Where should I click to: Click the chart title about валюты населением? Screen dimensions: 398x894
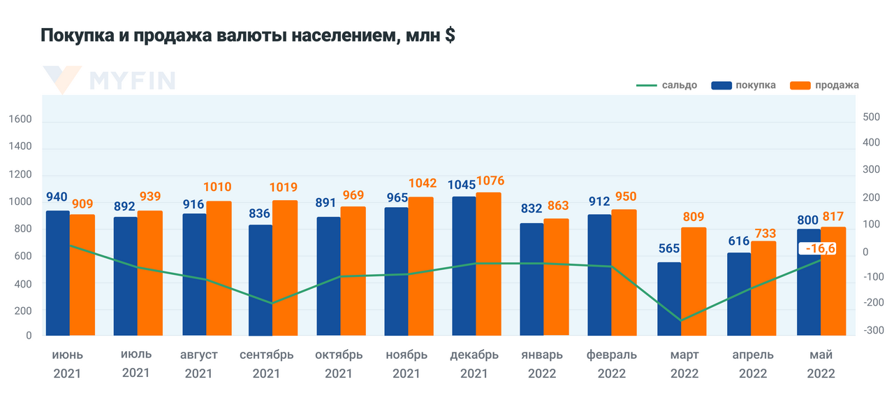[248, 36]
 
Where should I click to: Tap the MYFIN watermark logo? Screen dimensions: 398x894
[109, 80]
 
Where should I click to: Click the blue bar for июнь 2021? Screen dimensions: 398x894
[57, 273]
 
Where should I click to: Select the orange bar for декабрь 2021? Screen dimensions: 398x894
[488, 264]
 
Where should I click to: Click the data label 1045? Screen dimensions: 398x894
[461, 185]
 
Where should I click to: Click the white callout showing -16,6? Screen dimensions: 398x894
[820, 249]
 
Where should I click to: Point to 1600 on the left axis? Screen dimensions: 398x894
[21, 120]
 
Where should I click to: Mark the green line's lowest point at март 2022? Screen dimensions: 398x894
[680, 321]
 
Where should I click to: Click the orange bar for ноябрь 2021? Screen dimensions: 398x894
[420, 266]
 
